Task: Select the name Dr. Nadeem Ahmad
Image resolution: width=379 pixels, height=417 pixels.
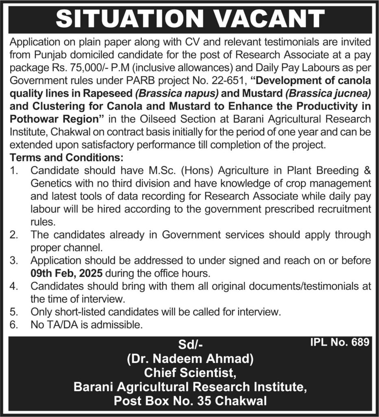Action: click(190, 359)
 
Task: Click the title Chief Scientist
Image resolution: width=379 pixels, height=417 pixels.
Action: click(190, 373)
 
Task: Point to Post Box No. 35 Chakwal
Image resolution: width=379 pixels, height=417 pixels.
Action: click(190, 402)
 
